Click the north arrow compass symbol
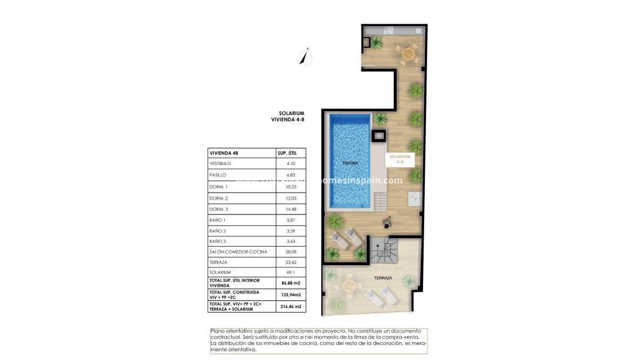pyautogui.click(x=304, y=57)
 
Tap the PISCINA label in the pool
pyautogui.click(x=350, y=163)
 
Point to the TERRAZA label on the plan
pyautogui.click(x=383, y=278)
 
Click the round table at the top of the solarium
pyautogui.click(x=409, y=52)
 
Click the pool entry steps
pyautogui.click(x=382, y=201)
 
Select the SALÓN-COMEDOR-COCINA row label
pyautogui.click(x=239, y=251)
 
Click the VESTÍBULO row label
pyautogui.click(x=221, y=164)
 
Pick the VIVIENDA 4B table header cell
pyautogui.click(x=224, y=153)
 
